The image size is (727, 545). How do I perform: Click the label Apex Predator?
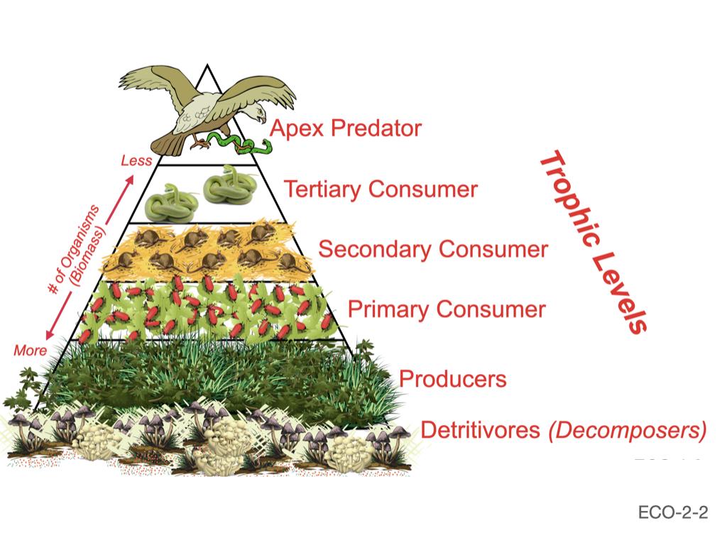[346, 129]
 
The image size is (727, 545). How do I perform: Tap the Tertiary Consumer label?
[381, 189]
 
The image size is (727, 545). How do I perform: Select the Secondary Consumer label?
[433, 250]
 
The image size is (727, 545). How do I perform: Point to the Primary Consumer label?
[447, 310]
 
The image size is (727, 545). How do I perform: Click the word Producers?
[453, 378]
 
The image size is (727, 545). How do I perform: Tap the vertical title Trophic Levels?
[593, 242]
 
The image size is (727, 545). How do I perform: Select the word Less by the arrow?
[136, 160]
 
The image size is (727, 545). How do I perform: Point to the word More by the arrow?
[30, 351]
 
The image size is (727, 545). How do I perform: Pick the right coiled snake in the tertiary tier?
[229, 187]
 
